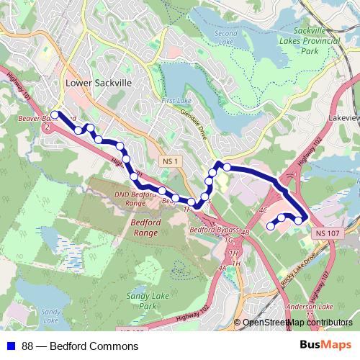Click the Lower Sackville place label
pos(99,84)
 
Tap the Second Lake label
pos(225,37)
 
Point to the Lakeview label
pos(342,115)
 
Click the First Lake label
pos(174,101)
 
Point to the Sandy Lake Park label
pos(142,301)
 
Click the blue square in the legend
pos(9,346)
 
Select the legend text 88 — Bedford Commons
pos(80,346)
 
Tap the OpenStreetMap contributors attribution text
pos(297,323)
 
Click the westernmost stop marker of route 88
pos(55,114)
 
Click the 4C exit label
pos(263,210)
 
